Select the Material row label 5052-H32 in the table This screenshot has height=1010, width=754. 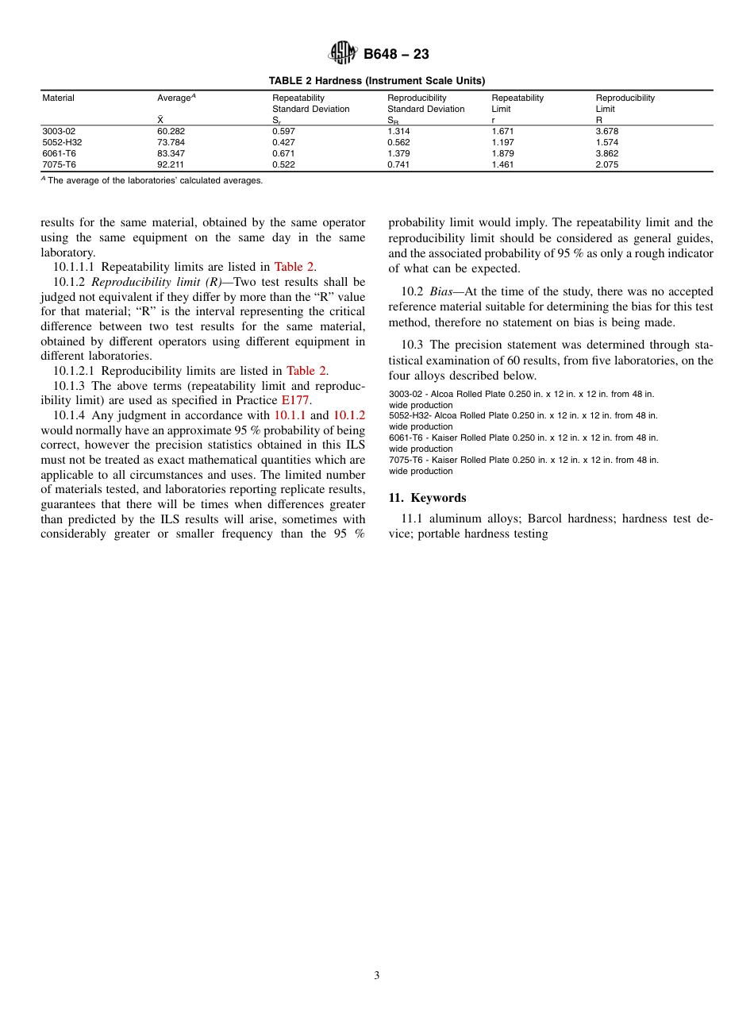62,142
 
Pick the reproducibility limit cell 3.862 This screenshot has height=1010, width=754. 607,153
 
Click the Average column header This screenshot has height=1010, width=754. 176,98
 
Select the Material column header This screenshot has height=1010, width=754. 58,98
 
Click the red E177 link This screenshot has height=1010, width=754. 297,400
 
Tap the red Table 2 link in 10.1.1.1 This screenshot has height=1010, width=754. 294,267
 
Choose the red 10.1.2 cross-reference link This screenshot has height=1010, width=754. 349,415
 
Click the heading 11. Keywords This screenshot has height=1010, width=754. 427,498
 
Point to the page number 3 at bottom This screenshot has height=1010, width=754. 377,976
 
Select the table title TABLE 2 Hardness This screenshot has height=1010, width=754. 376,80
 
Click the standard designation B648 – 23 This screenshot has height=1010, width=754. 396,54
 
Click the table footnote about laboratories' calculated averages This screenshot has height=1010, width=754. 152,180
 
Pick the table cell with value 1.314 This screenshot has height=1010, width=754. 399,131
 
